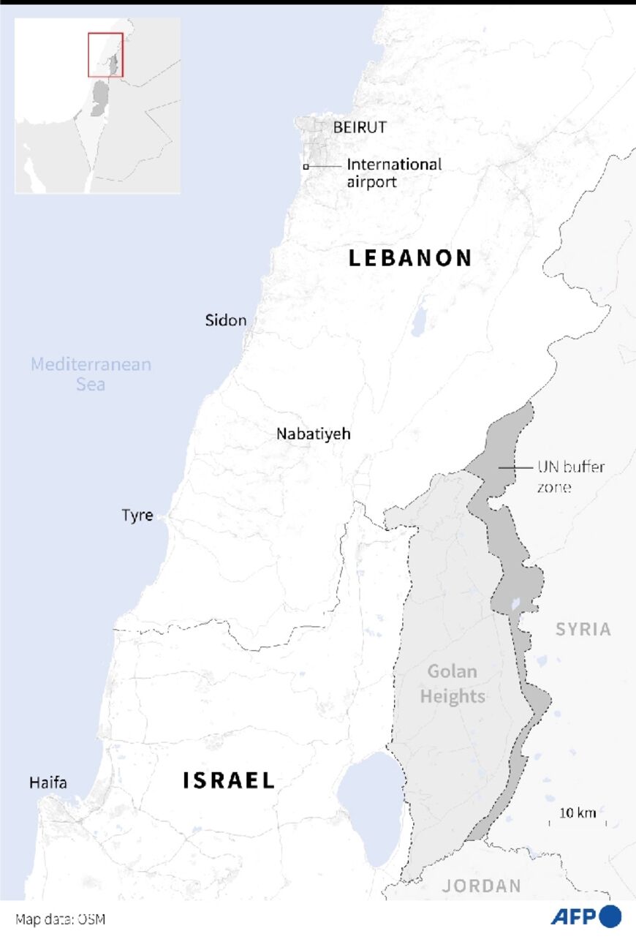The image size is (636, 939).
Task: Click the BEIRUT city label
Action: (x=360, y=128)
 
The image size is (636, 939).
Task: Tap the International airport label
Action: (x=394, y=173)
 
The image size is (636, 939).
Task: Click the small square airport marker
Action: (x=306, y=167)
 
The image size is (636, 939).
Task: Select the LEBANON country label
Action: (x=410, y=258)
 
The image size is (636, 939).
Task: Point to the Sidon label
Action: (x=226, y=321)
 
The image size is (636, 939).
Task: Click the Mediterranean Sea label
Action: (x=91, y=374)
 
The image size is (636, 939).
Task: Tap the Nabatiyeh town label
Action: (x=313, y=434)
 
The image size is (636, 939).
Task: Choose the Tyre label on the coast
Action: (x=137, y=516)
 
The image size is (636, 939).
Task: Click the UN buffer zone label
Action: (x=572, y=476)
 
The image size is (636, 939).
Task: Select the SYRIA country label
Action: (x=583, y=629)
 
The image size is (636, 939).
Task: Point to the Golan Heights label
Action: (x=452, y=684)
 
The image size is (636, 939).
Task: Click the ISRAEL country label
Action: (x=229, y=780)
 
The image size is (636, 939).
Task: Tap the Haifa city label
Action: (x=48, y=783)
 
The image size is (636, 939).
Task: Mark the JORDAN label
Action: (x=482, y=886)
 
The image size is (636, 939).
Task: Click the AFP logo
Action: (x=586, y=916)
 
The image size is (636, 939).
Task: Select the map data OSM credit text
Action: (x=60, y=919)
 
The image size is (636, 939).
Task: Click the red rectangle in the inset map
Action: (x=105, y=55)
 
